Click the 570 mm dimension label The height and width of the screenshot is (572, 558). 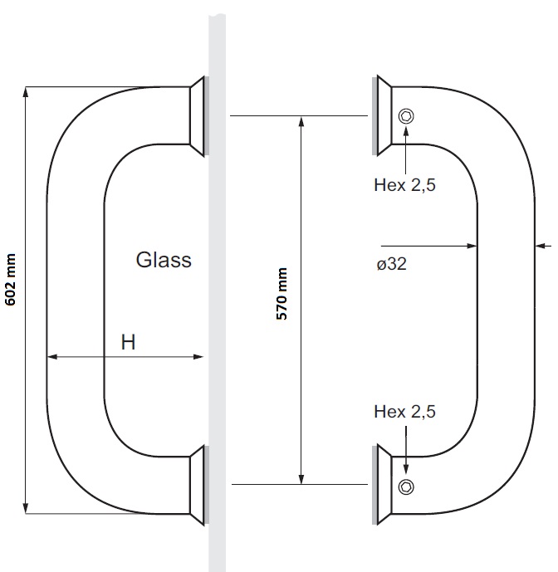tap(282, 295)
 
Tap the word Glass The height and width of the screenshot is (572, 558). tap(164, 260)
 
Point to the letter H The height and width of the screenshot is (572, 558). tap(128, 341)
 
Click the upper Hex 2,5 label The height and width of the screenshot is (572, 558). tap(404, 186)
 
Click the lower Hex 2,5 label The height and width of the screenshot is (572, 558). tap(404, 411)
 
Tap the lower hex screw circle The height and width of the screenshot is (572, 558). tap(405, 486)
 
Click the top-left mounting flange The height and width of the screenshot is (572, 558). tap(198, 116)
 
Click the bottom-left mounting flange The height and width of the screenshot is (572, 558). tap(198, 486)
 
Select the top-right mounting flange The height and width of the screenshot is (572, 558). tap(382, 116)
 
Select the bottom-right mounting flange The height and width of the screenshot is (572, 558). tap(382, 486)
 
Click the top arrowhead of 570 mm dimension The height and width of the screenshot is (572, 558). tap(301, 122)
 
